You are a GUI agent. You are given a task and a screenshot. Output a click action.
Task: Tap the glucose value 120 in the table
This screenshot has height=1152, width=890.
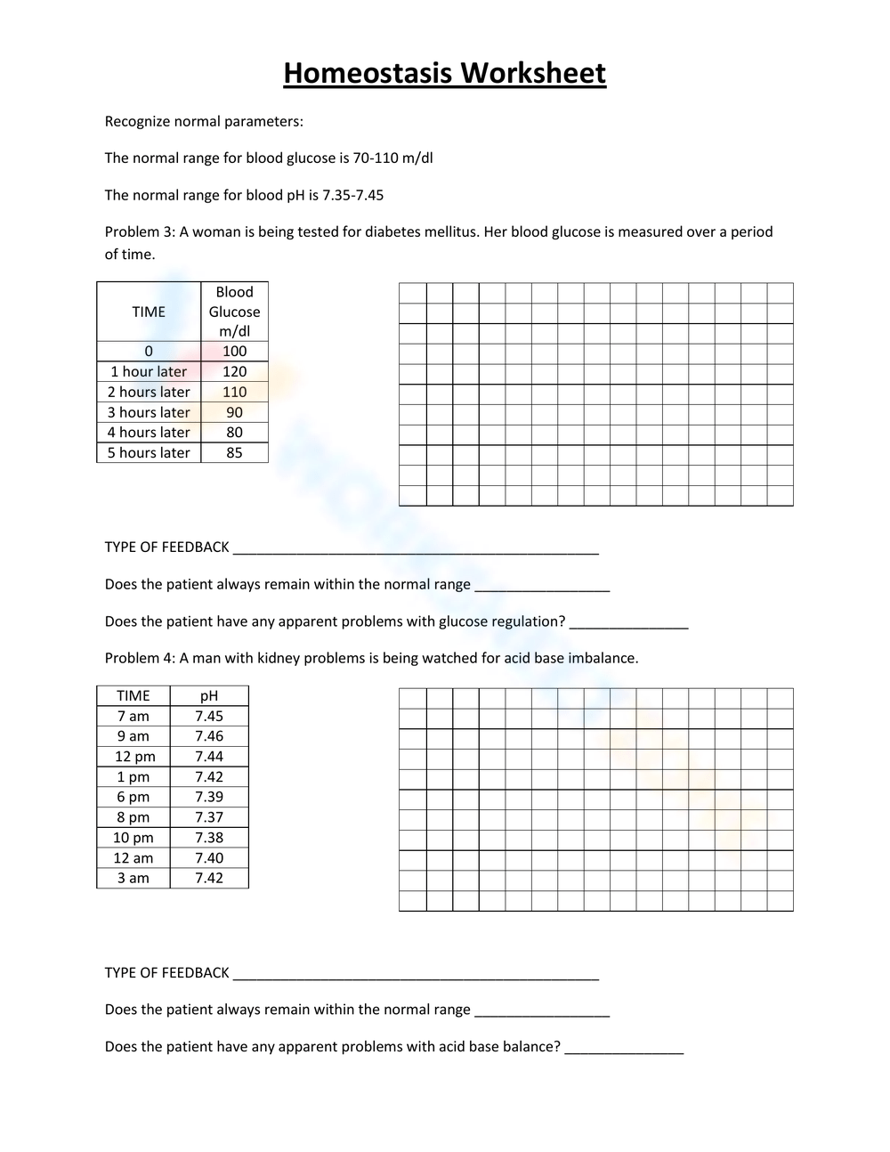click(x=234, y=371)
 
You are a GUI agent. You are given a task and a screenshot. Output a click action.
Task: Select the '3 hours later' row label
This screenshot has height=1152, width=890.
click(x=149, y=412)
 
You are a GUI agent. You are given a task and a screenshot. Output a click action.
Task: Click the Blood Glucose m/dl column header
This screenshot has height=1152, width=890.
click(x=234, y=312)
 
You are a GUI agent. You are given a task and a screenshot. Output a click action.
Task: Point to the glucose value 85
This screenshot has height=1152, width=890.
click(x=234, y=452)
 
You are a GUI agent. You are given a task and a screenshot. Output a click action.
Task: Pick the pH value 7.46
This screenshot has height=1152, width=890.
click(x=209, y=736)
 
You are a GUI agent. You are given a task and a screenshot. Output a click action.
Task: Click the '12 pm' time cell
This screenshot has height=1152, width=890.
click(x=134, y=757)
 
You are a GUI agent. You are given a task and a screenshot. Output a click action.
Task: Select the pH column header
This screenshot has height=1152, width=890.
click(x=209, y=695)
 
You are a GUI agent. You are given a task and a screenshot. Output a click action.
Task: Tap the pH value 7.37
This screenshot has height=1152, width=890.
click(x=209, y=817)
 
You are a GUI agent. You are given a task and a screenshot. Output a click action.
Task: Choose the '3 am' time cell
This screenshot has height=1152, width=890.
click(x=133, y=878)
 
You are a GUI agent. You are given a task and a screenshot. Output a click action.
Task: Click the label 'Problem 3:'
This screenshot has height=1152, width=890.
click(x=140, y=232)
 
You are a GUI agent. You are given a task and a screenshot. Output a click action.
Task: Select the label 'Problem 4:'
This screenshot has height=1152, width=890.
click(x=140, y=659)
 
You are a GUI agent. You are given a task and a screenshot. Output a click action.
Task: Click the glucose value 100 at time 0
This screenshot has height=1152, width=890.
click(x=234, y=351)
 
